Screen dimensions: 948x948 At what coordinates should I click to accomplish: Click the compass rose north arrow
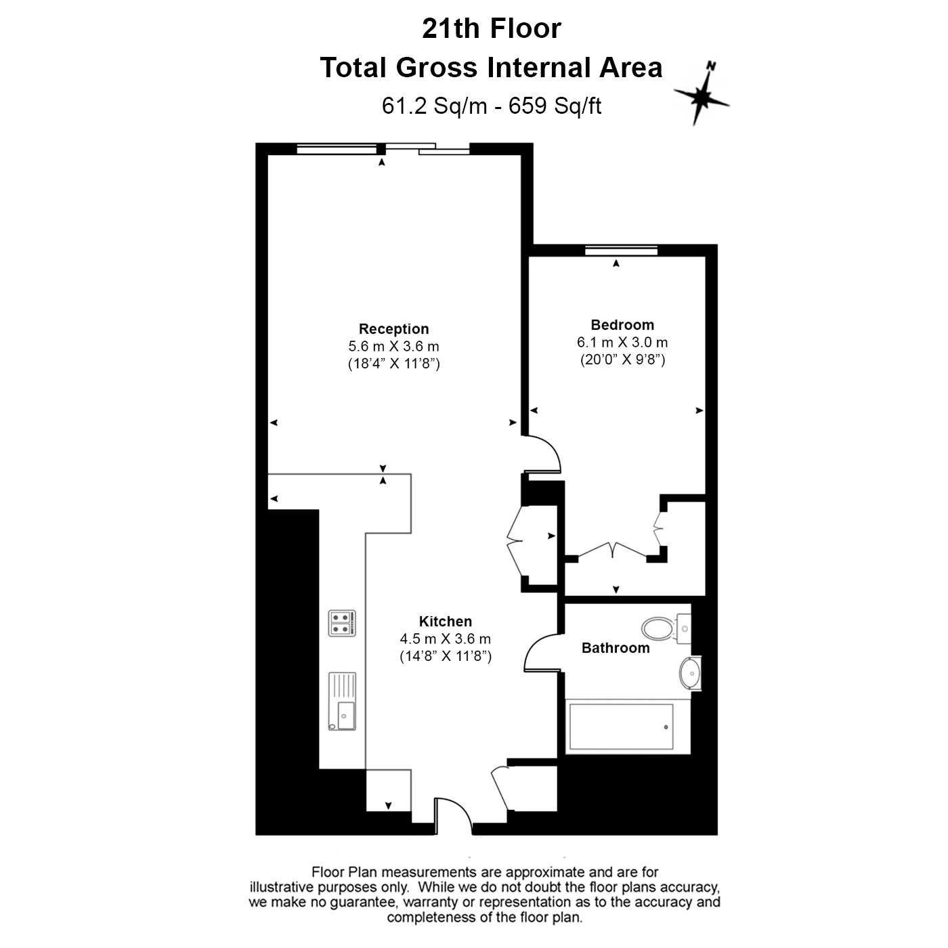pos(702,93)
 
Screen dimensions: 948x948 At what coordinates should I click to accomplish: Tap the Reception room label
pos(393,328)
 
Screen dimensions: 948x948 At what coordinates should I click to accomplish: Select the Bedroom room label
pos(622,325)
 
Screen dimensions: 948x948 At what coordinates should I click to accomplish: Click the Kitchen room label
pos(445,622)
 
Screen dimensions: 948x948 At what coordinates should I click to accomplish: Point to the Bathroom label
pos(616,648)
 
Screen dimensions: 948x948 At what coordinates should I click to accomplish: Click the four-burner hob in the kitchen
pos(342,623)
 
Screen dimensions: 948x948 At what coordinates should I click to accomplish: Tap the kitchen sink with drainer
pos(342,702)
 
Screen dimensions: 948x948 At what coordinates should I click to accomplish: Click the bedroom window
pos(622,251)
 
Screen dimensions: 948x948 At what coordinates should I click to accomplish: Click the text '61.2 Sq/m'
pos(435,106)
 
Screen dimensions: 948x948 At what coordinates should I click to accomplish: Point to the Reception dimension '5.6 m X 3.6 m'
pos(393,346)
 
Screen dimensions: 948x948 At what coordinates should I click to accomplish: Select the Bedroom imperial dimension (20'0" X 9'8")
pos(622,360)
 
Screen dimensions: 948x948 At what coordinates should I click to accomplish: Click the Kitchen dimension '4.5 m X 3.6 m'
pos(445,639)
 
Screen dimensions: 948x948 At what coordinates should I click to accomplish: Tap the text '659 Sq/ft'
pos(555,106)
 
